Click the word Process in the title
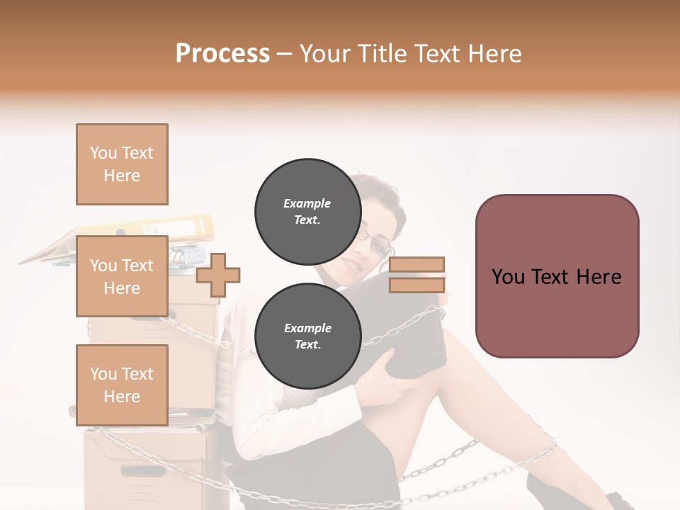(222, 54)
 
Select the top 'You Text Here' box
(122, 164)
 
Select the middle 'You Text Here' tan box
(122, 276)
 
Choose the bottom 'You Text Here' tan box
(122, 385)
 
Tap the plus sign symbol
(218, 276)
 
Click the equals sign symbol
(416, 275)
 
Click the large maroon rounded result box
(557, 276)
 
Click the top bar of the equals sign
(416, 265)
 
